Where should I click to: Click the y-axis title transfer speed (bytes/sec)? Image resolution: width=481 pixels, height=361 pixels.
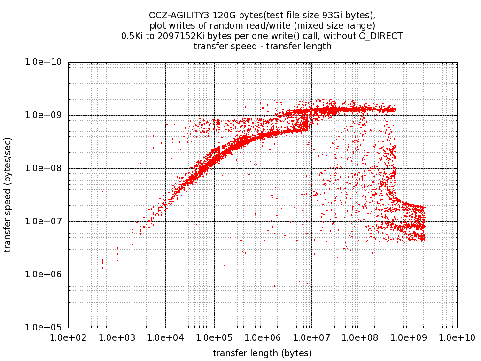[x=8, y=195]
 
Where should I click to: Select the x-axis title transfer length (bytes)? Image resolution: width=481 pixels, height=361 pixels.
[x=263, y=353]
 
